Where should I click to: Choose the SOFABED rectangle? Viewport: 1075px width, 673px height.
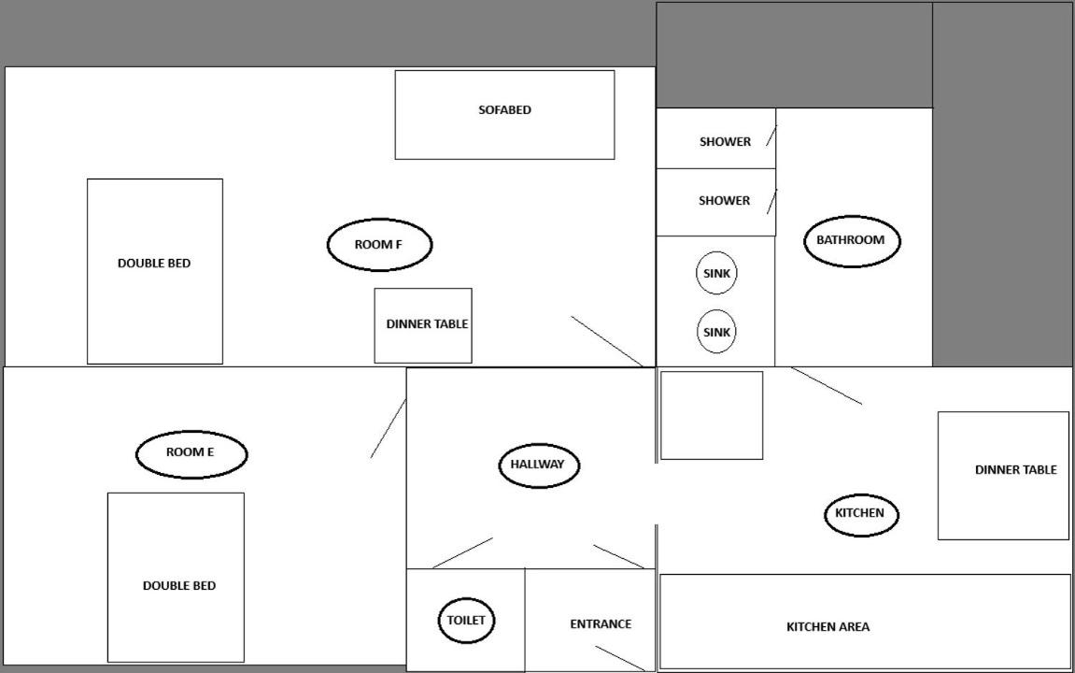coord(504,115)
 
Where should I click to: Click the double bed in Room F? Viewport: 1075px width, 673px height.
coord(155,271)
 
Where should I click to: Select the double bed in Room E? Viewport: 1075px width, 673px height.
coord(177,578)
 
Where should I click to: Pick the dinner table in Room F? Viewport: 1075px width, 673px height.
coord(423,325)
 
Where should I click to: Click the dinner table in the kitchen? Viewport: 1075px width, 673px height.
coord(1004,476)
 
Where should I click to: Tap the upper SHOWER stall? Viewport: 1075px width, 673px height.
coord(715,138)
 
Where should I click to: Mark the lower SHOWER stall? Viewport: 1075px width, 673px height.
coord(715,203)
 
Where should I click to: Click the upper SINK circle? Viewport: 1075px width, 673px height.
coord(716,273)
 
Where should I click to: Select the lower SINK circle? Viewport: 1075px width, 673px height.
coord(716,332)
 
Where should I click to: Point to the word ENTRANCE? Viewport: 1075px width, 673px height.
coord(601,624)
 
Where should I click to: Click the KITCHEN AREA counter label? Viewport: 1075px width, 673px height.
coord(828,627)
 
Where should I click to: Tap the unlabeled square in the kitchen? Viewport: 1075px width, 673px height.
coord(712,415)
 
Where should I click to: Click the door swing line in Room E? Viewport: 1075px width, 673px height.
coord(388,429)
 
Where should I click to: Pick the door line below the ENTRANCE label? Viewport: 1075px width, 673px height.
coord(620,659)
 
